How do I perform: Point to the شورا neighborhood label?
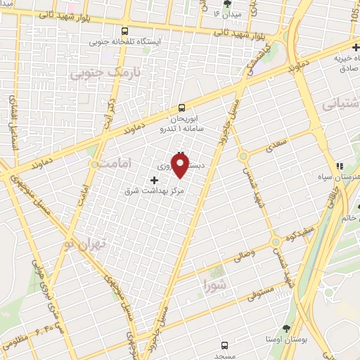pyautogui.click(x=214, y=284)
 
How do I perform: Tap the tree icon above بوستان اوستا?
pyautogui.click(x=285, y=328)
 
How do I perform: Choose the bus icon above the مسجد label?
pyautogui.click(x=224, y=345)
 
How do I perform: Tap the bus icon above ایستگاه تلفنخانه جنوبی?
pyautogui.click(x=124, y=31)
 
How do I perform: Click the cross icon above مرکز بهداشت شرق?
pyautogui.click(x=155, y=179)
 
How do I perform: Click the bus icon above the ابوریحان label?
pyautogui.click(x=182, y=108)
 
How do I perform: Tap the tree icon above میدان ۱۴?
pyautogui.click(x=226, y=4)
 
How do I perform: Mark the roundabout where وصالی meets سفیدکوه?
pyautogui.click(x=276, y=243)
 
